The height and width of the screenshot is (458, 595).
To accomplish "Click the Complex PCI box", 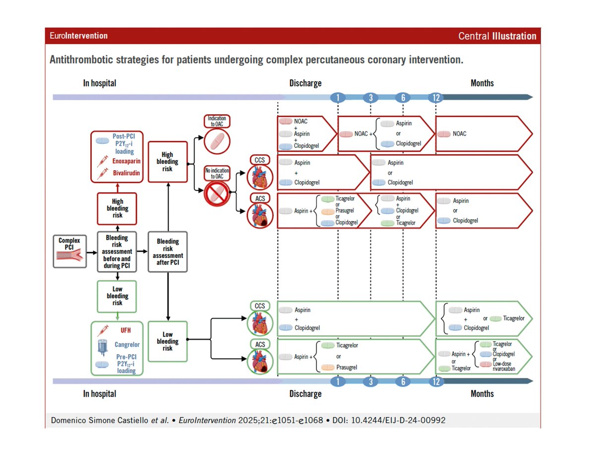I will click(x=69, y=252).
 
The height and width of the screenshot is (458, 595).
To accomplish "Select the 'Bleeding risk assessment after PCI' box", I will click(x=168, y=252).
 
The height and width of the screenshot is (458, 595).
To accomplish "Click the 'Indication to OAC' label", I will click(x=217, y=121).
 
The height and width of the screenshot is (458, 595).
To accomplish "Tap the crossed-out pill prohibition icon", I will click(x=217, y=194).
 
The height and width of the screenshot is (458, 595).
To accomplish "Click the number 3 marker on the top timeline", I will click(x=370, y=97).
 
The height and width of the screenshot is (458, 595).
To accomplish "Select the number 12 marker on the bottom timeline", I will click(x=436, y=381).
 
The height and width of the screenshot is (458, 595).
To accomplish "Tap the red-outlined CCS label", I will click(x=260, y=160).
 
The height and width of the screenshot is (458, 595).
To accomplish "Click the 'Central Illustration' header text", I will click(x=497, y=36).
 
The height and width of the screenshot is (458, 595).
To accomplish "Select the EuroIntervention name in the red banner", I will click(x=79, y=36).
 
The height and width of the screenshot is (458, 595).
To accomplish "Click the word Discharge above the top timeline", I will click(x=305, y=83).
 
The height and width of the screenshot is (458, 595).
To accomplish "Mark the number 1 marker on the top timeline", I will click(x=338, y=97).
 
